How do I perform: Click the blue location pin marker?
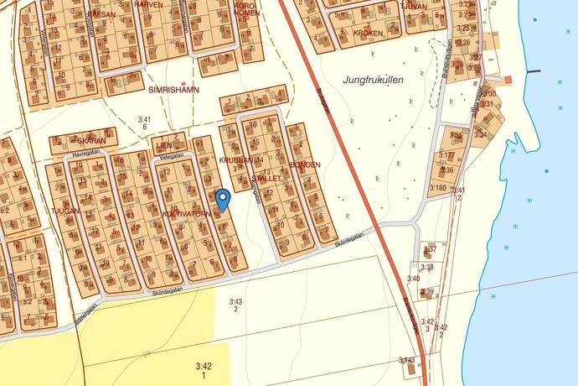(x=223, y=200)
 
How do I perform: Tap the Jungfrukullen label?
(x=373, y=80)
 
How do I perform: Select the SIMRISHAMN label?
(x=173, y=89)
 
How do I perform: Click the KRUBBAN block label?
(x=238, y=159)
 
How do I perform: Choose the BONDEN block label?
(x=305, y=164)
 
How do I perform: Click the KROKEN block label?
(x=368, y=34)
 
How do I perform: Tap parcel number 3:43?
(x=235, y=301)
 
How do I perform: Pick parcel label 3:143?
(x=406, y=360)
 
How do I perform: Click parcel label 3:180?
(x=437, y=187)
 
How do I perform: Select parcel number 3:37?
(x=431, y=249)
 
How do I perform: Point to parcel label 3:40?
(x=413, y=279)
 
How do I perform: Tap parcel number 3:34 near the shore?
(x=480, y=134)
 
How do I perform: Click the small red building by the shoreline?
(x=508, y=79)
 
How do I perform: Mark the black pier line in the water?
(x=533, y=71)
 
